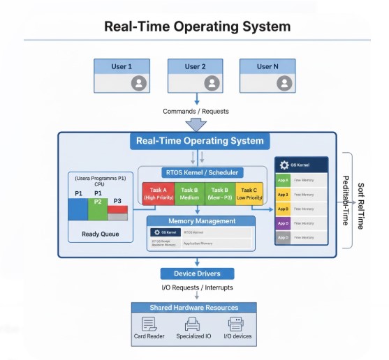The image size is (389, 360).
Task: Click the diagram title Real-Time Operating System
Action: coord(197,27)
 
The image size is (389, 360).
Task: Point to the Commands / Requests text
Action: coord(196,111)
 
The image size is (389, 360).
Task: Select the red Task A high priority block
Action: coord(158,193)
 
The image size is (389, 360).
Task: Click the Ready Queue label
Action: coord(100,234)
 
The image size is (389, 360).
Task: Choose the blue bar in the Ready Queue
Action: coord(77,209)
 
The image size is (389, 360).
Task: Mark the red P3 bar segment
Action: coord(117,209)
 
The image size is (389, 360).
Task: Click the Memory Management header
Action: coord(200,221)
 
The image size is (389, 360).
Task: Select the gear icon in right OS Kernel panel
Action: coord(284,165)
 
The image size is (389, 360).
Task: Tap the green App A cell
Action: coord(283,179)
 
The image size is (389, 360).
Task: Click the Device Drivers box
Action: coord(197,273)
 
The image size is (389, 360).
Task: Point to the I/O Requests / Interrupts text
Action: coord(197,287)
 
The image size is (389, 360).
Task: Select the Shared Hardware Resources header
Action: coord(193,308)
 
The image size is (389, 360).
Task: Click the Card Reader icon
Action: coord(149,324)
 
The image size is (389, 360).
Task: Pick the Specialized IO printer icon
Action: coord(193,324)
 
